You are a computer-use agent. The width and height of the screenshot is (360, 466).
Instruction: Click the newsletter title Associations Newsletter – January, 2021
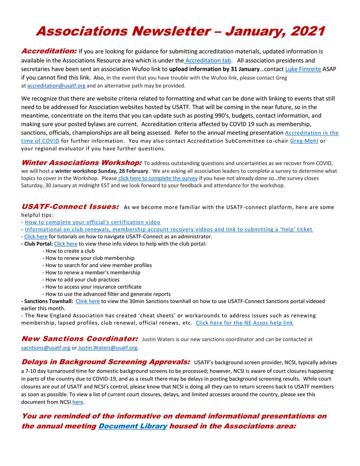(x=180, y=31)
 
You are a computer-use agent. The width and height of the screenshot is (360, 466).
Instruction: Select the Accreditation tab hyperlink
(x=208, y=61)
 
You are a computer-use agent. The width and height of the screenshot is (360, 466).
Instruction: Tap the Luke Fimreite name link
(x=303, y=69)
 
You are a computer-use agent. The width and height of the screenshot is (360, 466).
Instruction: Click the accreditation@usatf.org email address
(x=56, y=86)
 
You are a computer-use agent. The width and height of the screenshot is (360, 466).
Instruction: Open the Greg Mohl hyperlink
(x=304, y=141)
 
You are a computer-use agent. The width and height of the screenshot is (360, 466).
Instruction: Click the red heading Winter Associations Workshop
(x=81, y=163)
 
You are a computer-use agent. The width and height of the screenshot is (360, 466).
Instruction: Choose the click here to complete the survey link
(x=158, y=178)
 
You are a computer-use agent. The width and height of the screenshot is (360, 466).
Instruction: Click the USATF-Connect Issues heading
(x=70, y=207)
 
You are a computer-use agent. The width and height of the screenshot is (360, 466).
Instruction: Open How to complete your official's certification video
(x=92, y=222)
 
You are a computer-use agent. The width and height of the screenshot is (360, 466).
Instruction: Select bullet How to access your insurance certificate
(x=93, y=287)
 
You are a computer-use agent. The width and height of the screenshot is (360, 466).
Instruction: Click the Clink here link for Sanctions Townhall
(x=88, y=301)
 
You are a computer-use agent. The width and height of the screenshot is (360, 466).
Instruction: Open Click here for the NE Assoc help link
(x=244, y=323)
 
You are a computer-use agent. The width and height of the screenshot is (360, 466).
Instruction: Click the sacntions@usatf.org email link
(x=46, y=348)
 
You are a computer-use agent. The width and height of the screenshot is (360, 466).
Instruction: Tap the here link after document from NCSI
(x=78, y=402)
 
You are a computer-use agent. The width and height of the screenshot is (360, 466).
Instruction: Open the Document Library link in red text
(x=133, y=426)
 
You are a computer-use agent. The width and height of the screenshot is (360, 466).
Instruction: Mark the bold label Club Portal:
(x=37, y=244)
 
